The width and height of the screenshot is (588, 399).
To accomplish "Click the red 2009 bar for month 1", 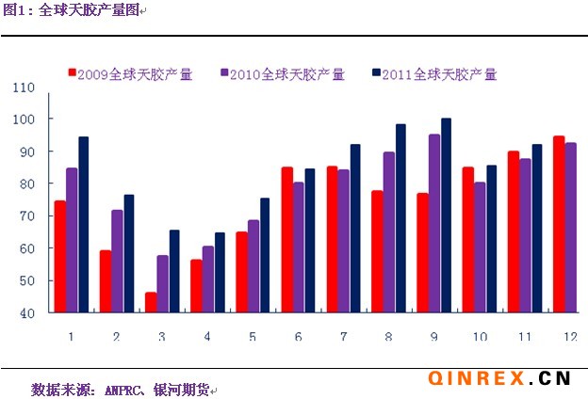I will (60, 256).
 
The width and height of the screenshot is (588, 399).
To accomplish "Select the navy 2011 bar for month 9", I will (447, 215).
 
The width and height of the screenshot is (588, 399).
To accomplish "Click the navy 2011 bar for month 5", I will (265, 255).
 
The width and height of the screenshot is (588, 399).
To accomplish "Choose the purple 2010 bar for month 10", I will (480, 247).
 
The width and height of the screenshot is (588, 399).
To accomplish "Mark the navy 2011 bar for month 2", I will (129, 253).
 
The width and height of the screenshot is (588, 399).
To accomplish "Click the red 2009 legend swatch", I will (72, 72).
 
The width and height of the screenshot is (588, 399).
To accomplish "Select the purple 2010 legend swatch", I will (224, 72).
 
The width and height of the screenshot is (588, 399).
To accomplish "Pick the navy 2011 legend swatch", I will (376, 72).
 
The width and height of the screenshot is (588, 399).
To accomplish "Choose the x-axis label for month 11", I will (525, 336).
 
